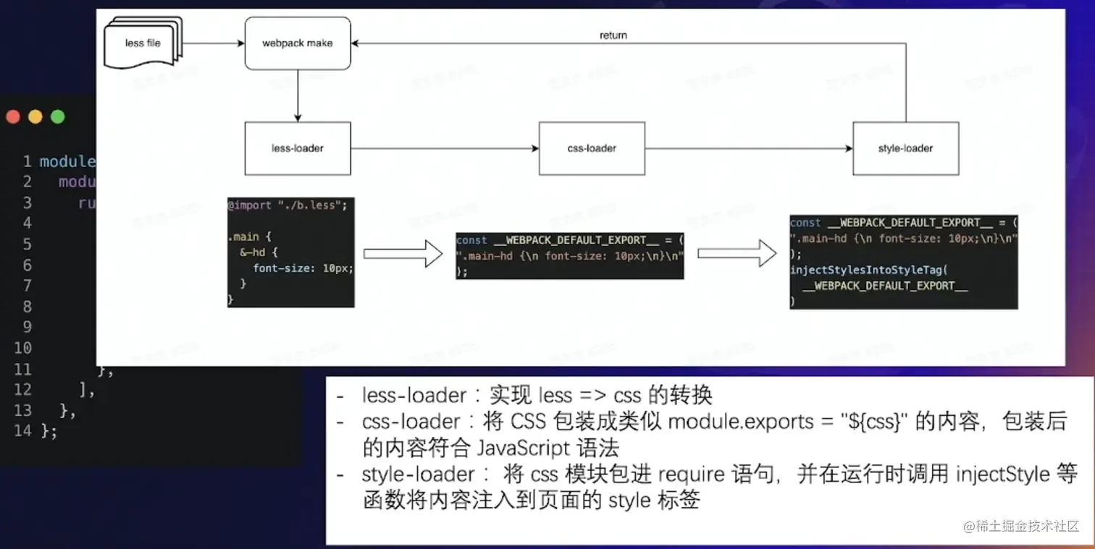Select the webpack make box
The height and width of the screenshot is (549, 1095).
pyautogui.click(x=297, y=43)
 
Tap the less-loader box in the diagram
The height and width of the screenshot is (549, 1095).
pyautogui.click(x=297, y=148)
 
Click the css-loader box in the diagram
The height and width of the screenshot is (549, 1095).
pyautogui.click(x=591, y=148)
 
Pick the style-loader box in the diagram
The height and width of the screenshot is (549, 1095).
pyautogui.click(x=905, y=148)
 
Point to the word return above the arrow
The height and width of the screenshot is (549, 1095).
pyautogui.click(x=613, y=35)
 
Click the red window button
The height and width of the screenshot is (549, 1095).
pyautogui.click(x=13, y=116)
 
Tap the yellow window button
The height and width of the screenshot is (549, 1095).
pyautogui.click(x=35, y=116)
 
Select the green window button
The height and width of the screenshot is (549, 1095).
pyautogui.click(x=58, y=116)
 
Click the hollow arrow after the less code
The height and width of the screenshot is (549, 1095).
pyautogui.click(x=403, y=254)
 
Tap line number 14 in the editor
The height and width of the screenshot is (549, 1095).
pyautogui.click(x=22, y=431)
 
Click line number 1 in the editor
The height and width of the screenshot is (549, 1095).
pyautogui.click(x=27, y=161)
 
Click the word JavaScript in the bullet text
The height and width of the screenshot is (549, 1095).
pyautogui.click(x=522, y=448)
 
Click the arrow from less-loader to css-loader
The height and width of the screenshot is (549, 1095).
pyautogui.click(x=445, y=148)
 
